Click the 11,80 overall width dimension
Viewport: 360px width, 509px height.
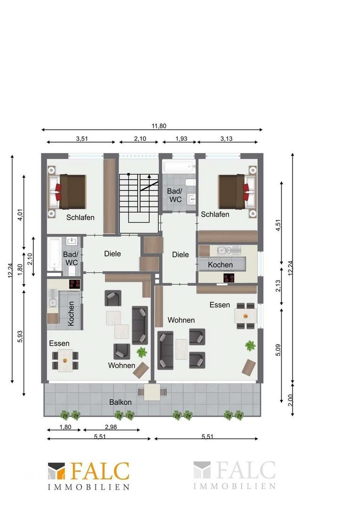[159, 126]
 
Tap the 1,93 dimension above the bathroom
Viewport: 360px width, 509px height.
[181, 139]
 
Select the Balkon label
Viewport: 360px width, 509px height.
[121, 402]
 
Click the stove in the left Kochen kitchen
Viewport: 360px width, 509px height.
[74, 284]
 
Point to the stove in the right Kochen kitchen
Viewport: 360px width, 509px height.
[229, 278]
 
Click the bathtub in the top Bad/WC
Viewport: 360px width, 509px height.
[179, 167]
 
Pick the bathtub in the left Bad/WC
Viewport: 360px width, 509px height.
[54, 254]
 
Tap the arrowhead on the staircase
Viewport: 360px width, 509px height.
[149, 177]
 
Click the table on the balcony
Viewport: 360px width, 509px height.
[152, 392]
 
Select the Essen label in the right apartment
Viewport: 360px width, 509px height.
[220, 305]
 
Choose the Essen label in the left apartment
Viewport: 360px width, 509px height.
[59, 344]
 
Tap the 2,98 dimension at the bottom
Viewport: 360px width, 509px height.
[111, 427]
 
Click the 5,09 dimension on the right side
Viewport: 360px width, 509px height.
[278, 350]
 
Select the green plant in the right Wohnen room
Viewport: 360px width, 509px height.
[250, 346]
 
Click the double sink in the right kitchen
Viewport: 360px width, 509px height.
[225, 250]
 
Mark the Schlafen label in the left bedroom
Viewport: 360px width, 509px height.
[80, 217]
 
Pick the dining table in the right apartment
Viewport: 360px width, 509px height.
[245, 316]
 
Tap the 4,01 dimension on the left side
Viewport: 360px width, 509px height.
[20, 214]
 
